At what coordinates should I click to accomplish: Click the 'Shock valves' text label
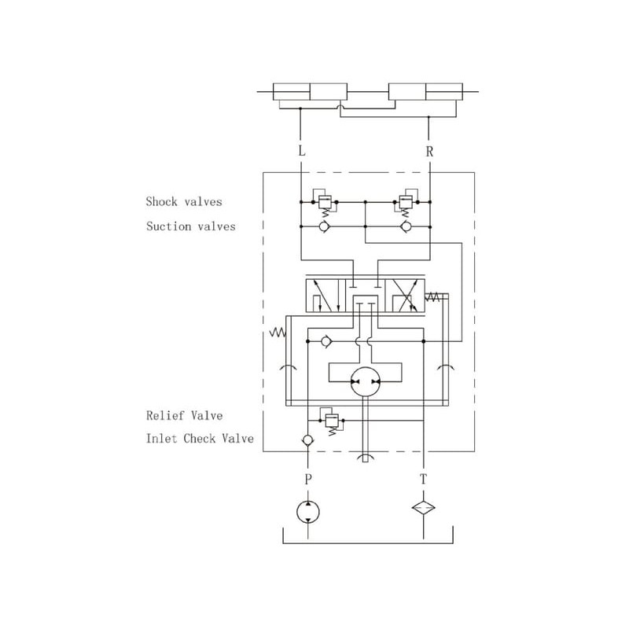tap(184, 202)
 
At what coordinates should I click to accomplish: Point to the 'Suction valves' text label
tap(190, 226)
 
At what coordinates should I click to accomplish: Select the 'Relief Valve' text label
tap(184, 415)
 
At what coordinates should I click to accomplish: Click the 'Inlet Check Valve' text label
tap(200, 439)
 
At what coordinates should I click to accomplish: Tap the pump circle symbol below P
tap(307, 512)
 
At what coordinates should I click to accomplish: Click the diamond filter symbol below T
tap(425, 508)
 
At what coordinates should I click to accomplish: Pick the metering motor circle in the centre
tap(365, 382)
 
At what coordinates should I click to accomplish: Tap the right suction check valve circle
tap(406, 226)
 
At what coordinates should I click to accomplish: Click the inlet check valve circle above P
tap(307, 440)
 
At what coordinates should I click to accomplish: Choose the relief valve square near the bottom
tap(330, 419)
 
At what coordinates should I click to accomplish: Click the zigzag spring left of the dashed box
tap(277, 333)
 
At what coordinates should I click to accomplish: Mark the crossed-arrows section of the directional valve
tap(406, 297)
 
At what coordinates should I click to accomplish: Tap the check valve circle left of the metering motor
tap(326, 342)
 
